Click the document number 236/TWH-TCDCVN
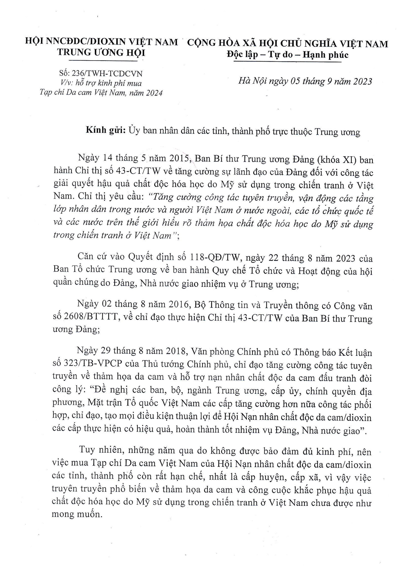pos(107,74)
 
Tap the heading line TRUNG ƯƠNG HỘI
pos(101,53)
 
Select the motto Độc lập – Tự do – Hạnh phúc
pos(288,55)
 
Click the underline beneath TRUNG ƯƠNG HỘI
pos(102,60)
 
